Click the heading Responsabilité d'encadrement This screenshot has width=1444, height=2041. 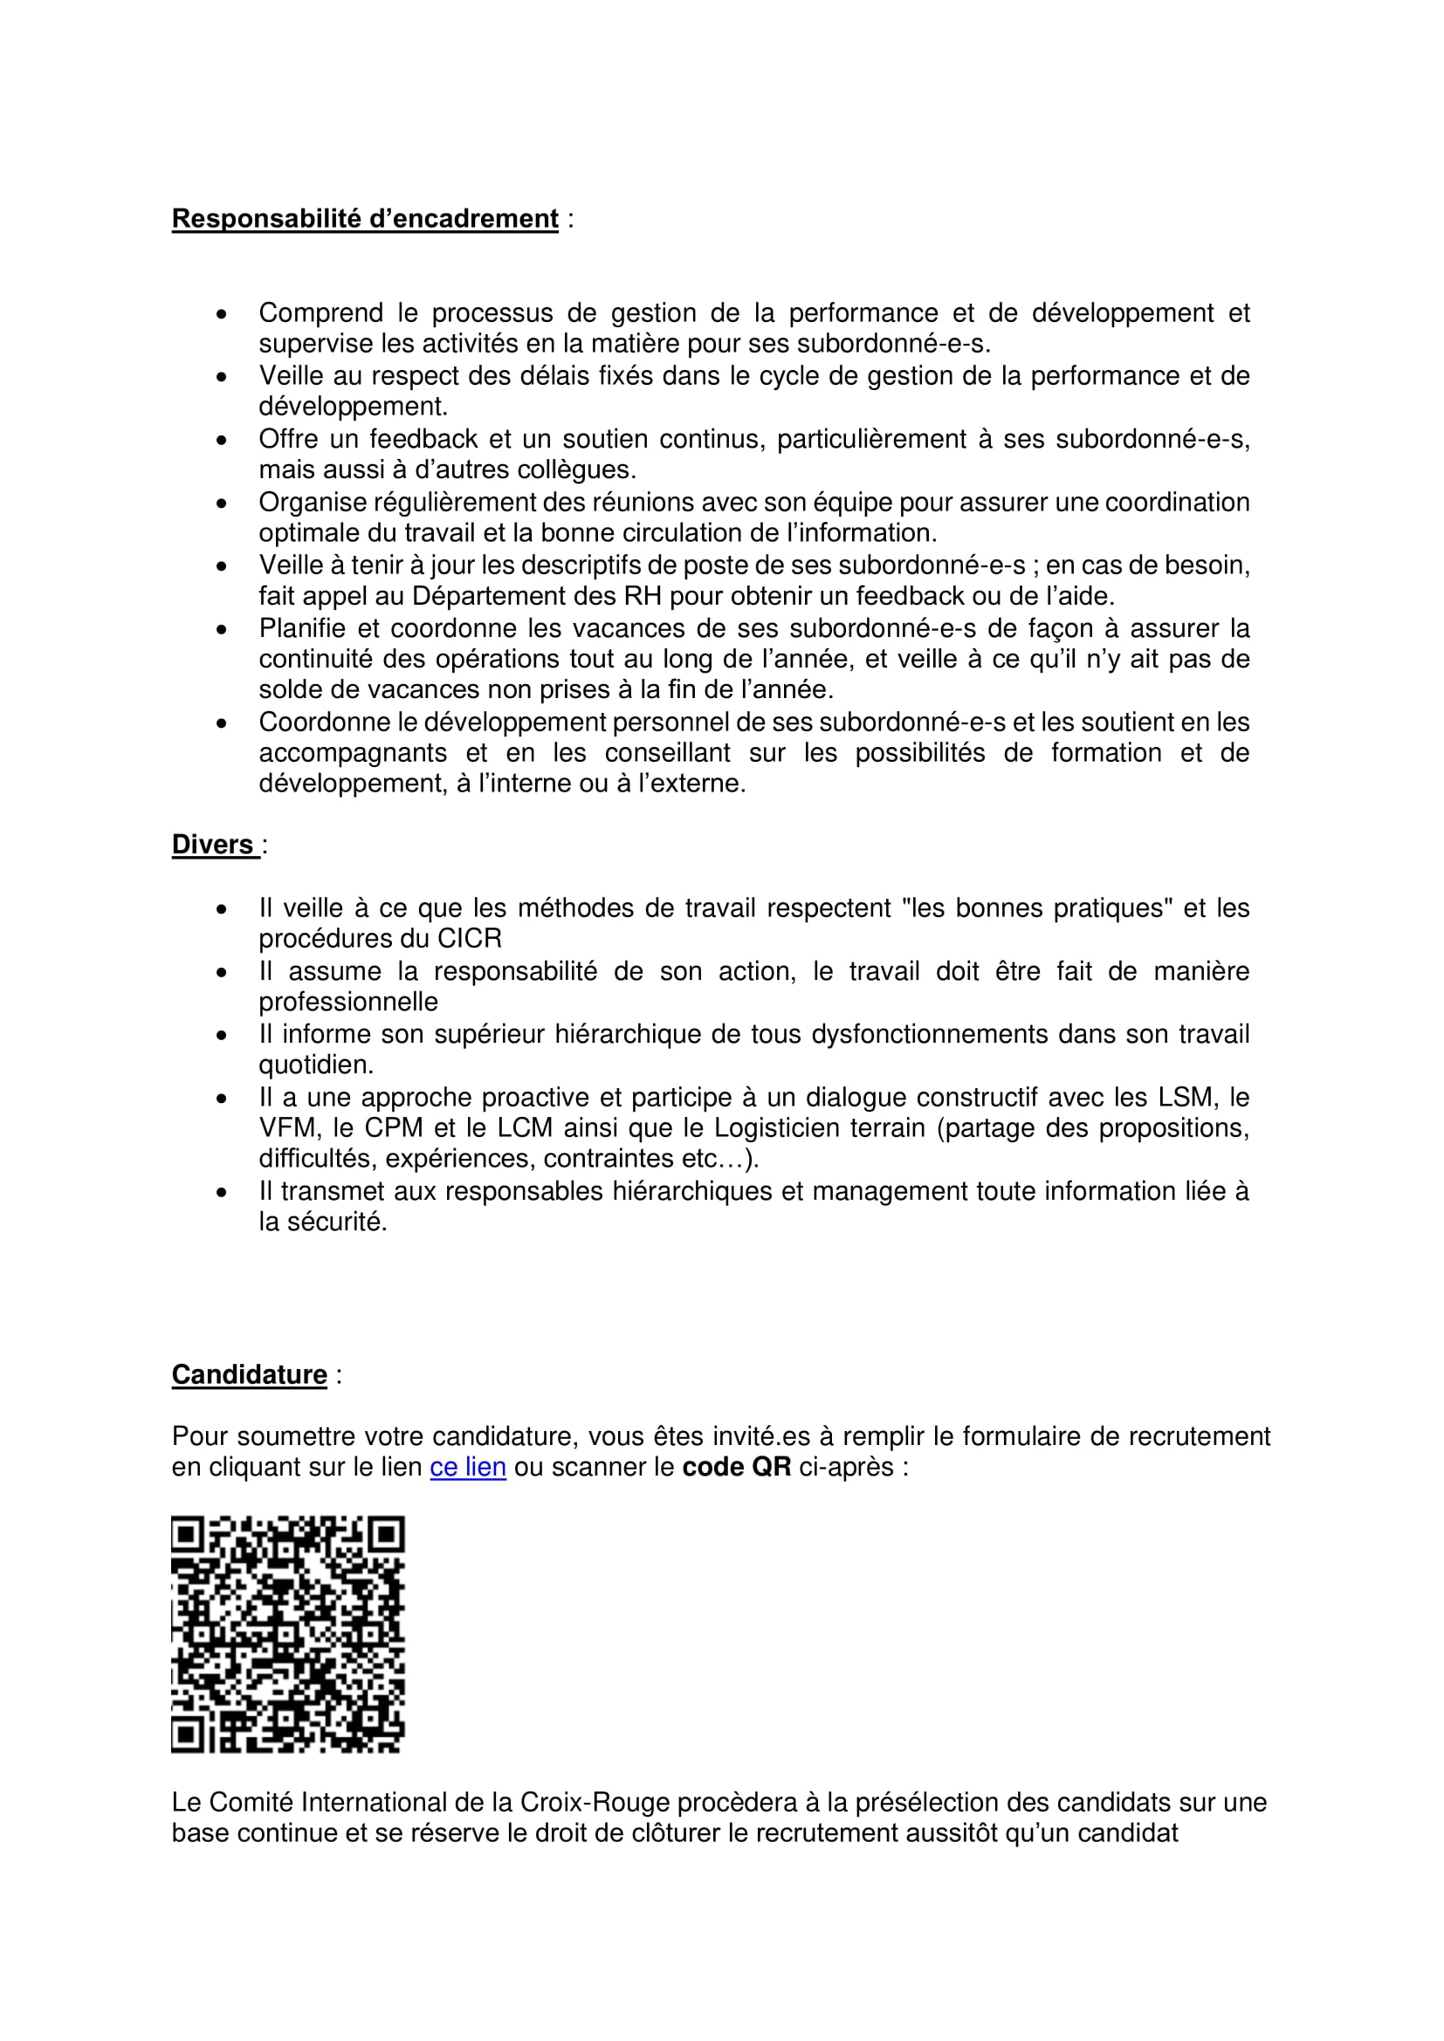365,219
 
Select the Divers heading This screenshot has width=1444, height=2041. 212,845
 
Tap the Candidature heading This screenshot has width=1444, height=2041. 249,1374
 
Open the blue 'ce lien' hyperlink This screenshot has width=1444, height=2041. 468,1467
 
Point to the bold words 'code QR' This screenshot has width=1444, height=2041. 736,1467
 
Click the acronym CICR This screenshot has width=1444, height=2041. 470,939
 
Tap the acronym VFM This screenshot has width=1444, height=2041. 288,1129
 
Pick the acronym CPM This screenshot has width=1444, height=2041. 394,1129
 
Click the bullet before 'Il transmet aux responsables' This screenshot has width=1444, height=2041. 222,1193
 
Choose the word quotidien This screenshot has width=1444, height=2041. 314,1065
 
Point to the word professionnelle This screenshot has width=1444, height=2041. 347,1003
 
